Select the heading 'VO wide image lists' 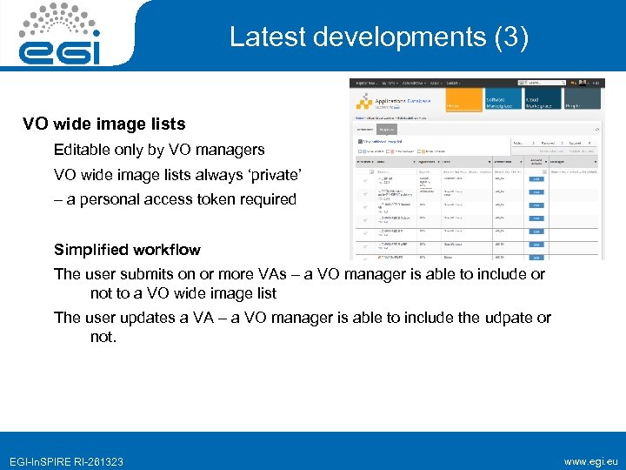tap(103, 124)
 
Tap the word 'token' tap(221, 199)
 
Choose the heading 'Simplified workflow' tap(127, 250)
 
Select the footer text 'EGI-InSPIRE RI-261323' tap(66, 461)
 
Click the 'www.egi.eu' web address tap(591, 461)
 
